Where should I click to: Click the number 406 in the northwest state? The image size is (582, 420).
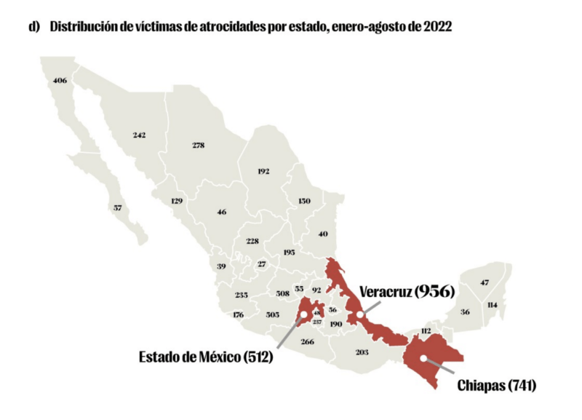pos(60,80)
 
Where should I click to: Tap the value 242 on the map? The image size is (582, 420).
pos(140,135)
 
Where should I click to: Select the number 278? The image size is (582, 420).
pos(199,145)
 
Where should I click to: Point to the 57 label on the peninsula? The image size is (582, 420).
pos(118,208)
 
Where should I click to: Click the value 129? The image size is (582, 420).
pos(176,200)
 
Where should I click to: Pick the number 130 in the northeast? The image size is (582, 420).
pos(304,200)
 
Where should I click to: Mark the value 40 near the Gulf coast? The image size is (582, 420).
pos(323,234)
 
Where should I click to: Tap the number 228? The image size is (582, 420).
pos(252,240)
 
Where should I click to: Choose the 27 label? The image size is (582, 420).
pos(262,264)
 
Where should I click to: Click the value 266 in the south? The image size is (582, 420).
pos(307,341)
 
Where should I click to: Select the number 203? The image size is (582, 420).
pos(362,352)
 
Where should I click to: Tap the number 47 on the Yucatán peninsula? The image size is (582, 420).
pos(485,282)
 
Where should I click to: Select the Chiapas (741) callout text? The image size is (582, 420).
pos(497,385)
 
